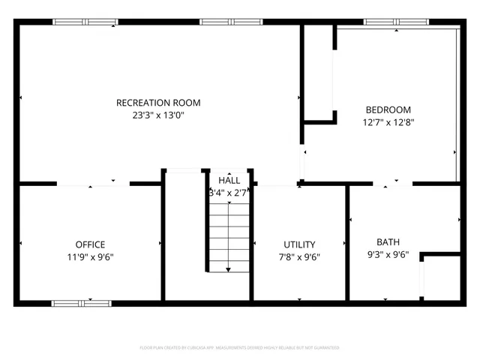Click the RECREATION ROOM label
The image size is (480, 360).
pyautogui.click(x=158, y=103)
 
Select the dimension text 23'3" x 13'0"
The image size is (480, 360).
pyautogui.click(x=158, y=115)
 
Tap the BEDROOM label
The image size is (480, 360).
pyautogui.click(x=388, y=109)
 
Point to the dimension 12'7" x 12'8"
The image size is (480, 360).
pyautogui.click(x=388, y=121)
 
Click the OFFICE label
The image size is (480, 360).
pyautogui.click(x=90, y=244)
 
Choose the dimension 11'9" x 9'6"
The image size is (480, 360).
pyautogui.click(x=90, y=256)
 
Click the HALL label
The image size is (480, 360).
pyautogui.click(x=229, y=181)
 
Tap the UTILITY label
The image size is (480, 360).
pyautogui.click(x=299, y=244)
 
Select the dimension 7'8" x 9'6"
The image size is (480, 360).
pyautogui.click(x=299, y=256)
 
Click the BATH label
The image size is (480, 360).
pyautogui.click(x=388, y=242)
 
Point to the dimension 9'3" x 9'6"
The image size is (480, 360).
pyautogui.click(x=388, y=254)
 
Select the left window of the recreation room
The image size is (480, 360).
pyautogui.click(x=85, y=22)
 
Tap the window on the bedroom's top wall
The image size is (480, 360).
pyautogui.click(x=391, y=22)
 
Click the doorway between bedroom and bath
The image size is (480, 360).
pyautogui.click(x=391, y=183)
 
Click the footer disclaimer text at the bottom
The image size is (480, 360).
pyautogui.click(x=239, y=348)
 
